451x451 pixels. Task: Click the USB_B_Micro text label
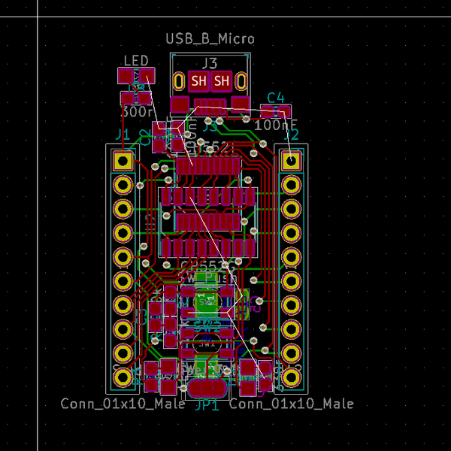pos(210,38)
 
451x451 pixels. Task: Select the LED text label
pos(136,60)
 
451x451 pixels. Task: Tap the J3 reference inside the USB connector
pos(210,63)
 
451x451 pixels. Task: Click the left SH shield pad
pos(198,80)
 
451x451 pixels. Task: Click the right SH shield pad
pos(222,80)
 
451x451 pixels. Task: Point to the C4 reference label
pos(276,97)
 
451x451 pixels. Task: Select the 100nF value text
pos(276,125)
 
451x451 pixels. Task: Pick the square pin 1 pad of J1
pos(123,160)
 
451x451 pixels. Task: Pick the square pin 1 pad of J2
pos(291,160)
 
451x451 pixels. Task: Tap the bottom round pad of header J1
pos(123,377)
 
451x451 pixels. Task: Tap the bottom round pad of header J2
pos(291,377)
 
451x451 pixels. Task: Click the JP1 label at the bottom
pos(207,404)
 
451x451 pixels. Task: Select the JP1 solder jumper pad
pos(207,388)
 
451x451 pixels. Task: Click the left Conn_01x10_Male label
pos(123,404)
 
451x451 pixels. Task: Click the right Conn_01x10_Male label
pos(291,404)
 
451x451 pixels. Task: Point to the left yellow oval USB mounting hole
pos(179,80)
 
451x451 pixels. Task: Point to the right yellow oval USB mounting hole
pos(241,80)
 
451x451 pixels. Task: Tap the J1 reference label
pos(121,135)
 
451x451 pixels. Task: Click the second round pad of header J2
pos(291,184)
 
